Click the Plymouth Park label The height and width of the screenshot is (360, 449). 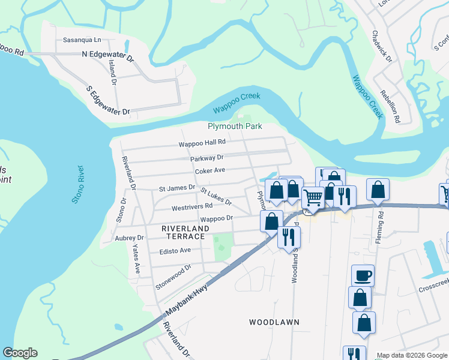(235, 127)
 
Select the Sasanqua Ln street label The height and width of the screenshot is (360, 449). (83, 41)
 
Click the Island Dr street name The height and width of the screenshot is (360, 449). (112, 72)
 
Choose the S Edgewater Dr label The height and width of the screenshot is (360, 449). (108, 100)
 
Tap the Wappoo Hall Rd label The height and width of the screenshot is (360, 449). (202, 143)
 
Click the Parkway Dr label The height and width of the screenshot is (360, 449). (206, 157)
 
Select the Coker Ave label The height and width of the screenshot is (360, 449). (209, 170)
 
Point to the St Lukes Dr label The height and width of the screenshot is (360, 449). (215, 197)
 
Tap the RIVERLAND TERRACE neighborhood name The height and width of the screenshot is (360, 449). (185, 233)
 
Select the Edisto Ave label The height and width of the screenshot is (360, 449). (175, 250)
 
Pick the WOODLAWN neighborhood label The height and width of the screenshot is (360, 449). (274, 322)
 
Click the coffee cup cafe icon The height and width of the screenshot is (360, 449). (363, 275)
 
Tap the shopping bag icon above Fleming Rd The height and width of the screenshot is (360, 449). (378, 189)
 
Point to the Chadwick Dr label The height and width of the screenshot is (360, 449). (382, 47)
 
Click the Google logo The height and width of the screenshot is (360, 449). (20, 353)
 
